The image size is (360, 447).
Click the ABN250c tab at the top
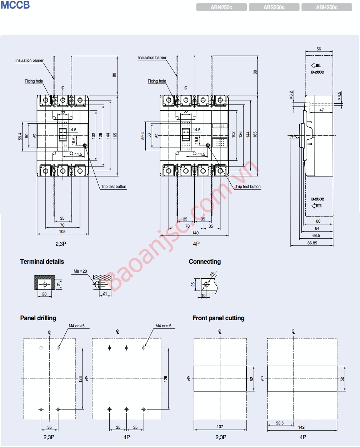221,8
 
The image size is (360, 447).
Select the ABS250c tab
274,8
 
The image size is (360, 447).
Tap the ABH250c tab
326,8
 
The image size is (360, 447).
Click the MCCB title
15,5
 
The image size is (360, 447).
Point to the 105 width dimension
62,232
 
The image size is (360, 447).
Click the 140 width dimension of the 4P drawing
195,233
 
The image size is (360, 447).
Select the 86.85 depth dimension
312,243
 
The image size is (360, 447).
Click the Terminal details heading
42,262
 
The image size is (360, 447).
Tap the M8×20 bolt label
80,271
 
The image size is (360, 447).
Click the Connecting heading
205,262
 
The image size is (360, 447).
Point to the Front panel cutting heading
218,318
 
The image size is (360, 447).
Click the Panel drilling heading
38,318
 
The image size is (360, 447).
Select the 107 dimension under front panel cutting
220,427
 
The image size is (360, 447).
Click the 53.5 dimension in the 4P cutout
280,423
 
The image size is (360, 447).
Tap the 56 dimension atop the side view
319,49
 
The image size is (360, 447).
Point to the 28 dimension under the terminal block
45,294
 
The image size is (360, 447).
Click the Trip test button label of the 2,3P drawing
114,187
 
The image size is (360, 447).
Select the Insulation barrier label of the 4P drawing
152,58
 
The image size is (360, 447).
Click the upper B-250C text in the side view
317,72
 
